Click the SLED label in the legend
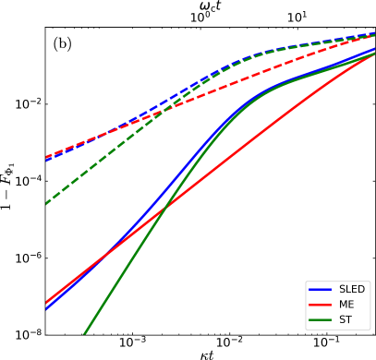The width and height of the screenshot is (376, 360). [x=351, y=289]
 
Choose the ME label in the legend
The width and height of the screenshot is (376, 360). [x=346, y=305]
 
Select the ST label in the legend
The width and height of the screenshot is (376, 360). [x=345, y=319]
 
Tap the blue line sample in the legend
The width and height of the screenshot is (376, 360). [x=320, y=289]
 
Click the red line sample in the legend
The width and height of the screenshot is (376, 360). [x=320, y=305]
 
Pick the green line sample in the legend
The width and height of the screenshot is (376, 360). [x=320, y=319]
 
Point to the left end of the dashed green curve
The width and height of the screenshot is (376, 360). [x=47, y=203]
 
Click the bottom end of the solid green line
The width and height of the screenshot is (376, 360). [x=84, y=334]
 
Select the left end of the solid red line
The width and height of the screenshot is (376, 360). [x=46, y=303]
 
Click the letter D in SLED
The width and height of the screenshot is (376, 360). [x=360, y=289]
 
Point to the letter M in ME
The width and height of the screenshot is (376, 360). [x=343, y=305]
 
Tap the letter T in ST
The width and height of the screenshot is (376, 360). [x=348, y=319]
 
